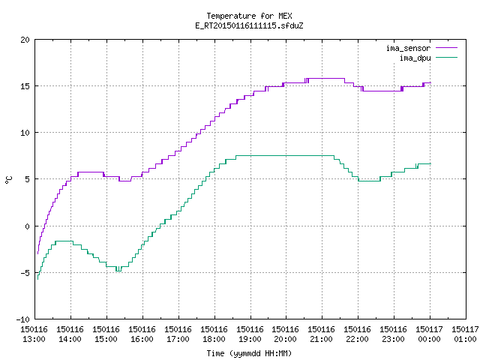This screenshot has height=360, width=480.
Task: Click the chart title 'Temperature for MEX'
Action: tap(249, 16)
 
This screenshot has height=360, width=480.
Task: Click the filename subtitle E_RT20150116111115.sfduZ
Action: tap(249, 25)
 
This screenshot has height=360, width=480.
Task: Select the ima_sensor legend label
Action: tap(408, 48)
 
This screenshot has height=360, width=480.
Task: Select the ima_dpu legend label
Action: tap(415, 58)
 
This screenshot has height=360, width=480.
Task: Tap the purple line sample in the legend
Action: tap(446, 48)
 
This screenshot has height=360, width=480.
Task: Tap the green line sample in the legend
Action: tap(446, 58)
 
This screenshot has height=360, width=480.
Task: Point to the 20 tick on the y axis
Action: tap(25, 40)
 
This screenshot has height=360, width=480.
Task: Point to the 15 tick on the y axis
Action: tap(25, 86)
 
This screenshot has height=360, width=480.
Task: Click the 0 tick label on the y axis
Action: tap(28, 226)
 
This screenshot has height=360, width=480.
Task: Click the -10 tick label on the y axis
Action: tap(23, 319)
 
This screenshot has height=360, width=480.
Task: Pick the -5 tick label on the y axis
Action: tap(25, 273)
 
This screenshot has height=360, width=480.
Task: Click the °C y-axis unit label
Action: tap(8, 180)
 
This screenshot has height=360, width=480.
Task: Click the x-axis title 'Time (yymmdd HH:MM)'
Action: tap(249, 353)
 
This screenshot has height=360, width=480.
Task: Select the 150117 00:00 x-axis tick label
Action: tap(429, 334)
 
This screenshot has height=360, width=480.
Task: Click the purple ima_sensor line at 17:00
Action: tap(178, 151)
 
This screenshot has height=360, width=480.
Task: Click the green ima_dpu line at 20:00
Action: tap(286, 156)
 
